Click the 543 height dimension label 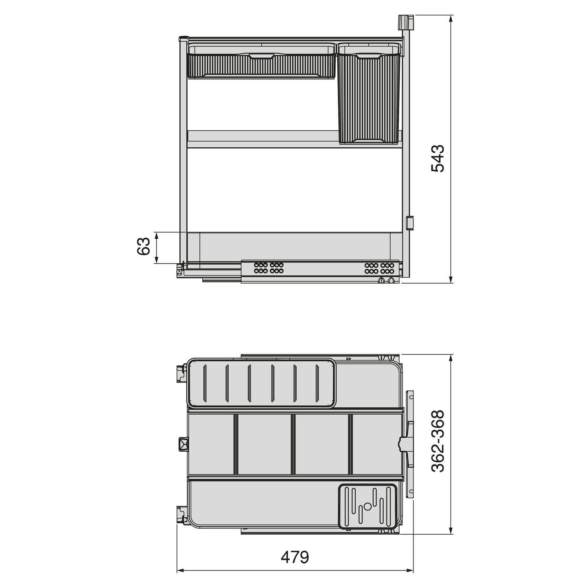[438, 158]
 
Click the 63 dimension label [144, 247]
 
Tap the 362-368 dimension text [438, 441]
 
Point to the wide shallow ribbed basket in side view [261, 63]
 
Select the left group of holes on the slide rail [269, 267]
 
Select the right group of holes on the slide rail [379, 267]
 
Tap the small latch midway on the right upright [409, 223]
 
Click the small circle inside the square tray [367, 506]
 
